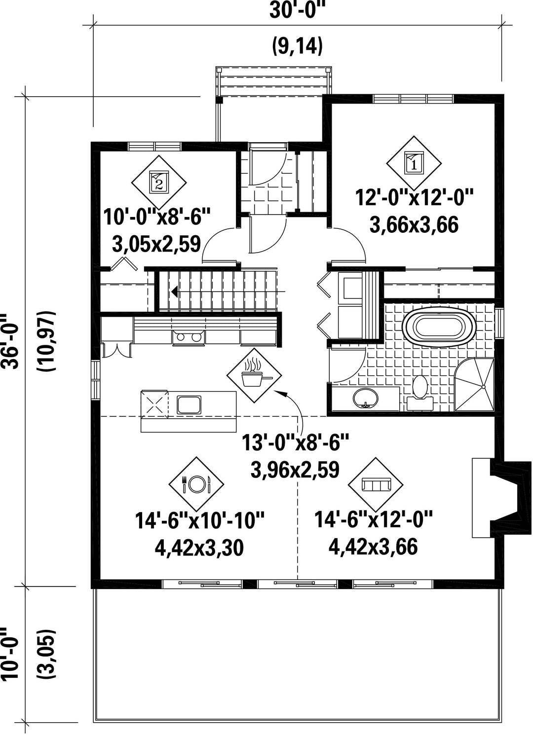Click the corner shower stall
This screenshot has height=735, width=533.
474,385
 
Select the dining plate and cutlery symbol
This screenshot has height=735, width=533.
196,484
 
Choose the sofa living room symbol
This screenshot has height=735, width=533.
376,484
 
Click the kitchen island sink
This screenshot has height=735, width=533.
189,404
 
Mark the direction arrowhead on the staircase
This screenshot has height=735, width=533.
175,291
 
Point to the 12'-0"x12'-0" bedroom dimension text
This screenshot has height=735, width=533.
414,198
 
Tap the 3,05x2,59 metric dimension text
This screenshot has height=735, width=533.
156,244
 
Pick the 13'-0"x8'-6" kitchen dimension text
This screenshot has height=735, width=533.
295,442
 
